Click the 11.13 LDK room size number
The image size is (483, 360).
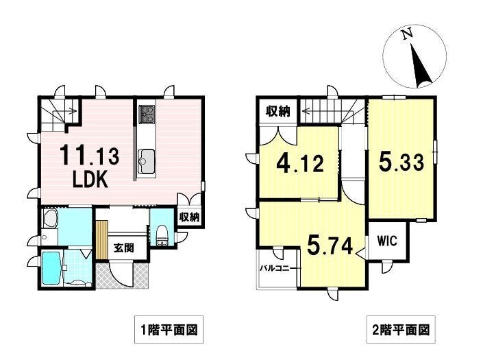click(89, 156)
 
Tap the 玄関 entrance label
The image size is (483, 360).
click(123, 248)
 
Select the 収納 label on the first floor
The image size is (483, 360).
click(190, 217)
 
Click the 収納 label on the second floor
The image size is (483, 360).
click(278, 112)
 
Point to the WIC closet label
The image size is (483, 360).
click(388, 241)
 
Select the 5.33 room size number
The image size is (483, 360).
click(401, 162)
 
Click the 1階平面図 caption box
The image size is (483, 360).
click(169, 329)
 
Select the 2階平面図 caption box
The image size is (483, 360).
click(401, 329)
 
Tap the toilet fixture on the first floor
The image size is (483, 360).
click(161, 235)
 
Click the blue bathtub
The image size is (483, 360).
click(51, 268)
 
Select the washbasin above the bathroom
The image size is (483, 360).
click(50, 219)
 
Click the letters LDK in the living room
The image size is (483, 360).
click(90, 180)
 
